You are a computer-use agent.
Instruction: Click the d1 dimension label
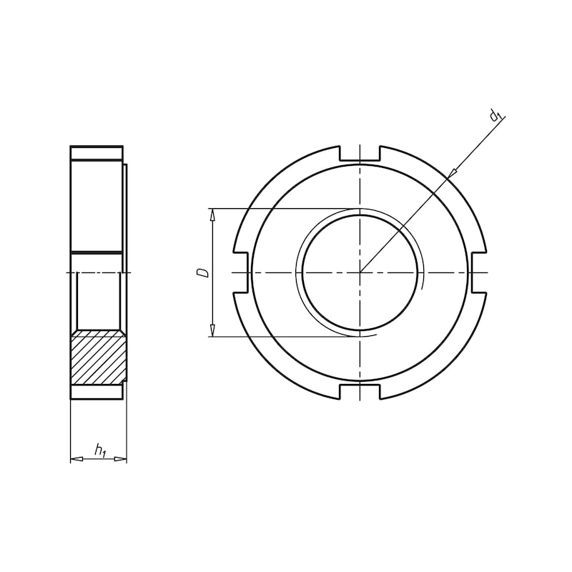coord(495,115)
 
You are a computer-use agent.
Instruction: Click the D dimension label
coord(203,272)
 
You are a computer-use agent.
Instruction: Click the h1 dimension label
coord(100,450)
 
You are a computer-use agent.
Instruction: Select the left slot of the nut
coord(240,272)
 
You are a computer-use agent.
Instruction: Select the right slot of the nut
coord(478,272)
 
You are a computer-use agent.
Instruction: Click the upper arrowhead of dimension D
coord(212,215)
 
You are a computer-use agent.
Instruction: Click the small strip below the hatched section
coord(97,392)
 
